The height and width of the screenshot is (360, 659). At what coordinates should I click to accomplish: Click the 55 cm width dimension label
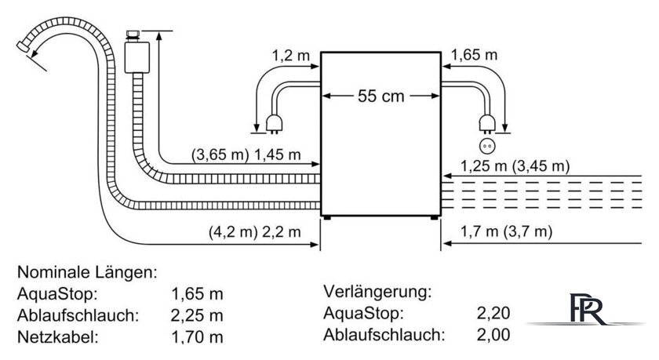point(380,96)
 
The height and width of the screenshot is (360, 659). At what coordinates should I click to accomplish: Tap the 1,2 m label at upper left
point(290,55)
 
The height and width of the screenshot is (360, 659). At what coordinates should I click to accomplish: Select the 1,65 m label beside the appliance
point(475,55)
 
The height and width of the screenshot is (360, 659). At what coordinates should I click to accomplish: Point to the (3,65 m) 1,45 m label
point(246,155)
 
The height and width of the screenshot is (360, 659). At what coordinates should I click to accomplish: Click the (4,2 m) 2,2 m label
point(255,232)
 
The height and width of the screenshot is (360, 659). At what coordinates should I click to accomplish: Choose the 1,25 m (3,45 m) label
point(515,166)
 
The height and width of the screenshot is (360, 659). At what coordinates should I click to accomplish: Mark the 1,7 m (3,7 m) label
point(506,231)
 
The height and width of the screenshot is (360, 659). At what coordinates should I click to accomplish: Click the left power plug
point(274,125)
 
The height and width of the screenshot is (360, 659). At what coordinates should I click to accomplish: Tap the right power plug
point(487,125)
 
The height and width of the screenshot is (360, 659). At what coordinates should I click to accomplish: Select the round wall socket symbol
point(487,146)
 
